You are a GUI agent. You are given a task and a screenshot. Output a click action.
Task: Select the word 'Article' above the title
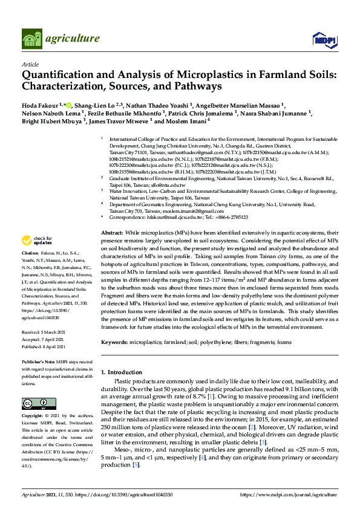(30, 64)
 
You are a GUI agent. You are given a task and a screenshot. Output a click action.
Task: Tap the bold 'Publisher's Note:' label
(38, 361)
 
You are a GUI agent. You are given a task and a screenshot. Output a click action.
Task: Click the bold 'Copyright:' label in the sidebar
(33, 416)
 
